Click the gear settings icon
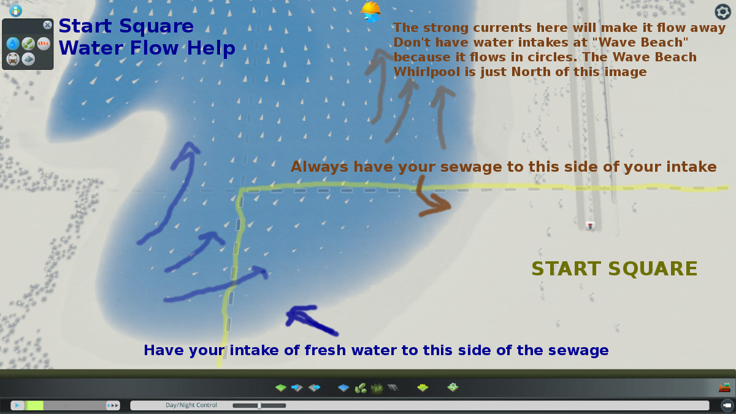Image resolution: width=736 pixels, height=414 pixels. [723, 12]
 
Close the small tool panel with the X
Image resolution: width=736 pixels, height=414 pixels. [47, 25]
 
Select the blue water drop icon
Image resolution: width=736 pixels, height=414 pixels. [13, 44]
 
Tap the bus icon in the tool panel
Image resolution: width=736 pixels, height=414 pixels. [13, 59]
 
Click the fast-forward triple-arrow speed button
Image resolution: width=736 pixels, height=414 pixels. [113, 405]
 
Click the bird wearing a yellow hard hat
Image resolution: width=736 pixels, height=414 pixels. [370, 12]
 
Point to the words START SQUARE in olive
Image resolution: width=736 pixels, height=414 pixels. [615, 269]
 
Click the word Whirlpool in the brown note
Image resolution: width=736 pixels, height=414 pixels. [427, 72]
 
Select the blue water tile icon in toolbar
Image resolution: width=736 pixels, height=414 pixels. [343, 388]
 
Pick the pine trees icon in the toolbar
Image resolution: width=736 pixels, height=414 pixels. [377, 388]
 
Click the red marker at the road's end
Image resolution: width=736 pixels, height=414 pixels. [590, 226]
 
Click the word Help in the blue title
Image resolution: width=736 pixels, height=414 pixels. [211, 48]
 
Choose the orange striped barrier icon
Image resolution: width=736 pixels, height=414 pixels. [44, 44]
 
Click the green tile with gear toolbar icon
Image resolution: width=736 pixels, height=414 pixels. [453, 388]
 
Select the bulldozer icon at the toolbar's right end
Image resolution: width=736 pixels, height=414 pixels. [724, 388]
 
